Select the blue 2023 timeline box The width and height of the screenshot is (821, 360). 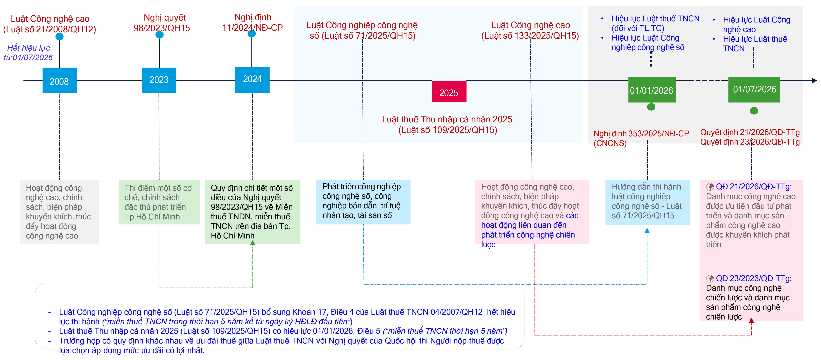[159, 80]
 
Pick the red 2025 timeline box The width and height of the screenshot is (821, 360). [449, 92]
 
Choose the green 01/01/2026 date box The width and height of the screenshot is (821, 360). [652, 90]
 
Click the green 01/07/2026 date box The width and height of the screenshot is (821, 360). [754, 90]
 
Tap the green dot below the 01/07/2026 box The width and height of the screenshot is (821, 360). [754, 111]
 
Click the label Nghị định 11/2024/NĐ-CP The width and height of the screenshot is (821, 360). [252, 22]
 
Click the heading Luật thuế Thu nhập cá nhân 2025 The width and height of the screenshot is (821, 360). [447, 119]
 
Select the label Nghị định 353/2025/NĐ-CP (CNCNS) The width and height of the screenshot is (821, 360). [641, 138]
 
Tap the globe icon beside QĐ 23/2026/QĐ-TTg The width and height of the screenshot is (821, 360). [710, 278]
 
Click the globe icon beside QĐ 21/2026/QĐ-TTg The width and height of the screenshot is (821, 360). [710, 187]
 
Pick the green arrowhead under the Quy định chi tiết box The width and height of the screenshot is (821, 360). [253, 243]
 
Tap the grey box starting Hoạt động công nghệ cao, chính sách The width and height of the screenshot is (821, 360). [59, 212]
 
